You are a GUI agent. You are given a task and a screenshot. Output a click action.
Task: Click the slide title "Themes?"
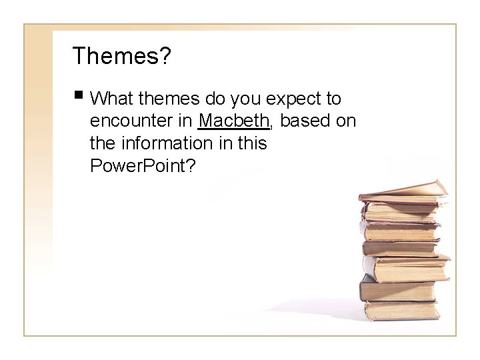[x=122, y=56]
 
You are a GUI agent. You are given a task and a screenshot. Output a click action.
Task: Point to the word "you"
[x=247, y=99]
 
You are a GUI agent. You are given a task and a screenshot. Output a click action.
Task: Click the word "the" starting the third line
[x=101, y=143]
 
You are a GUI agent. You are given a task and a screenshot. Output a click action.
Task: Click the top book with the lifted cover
[x=403, y=191]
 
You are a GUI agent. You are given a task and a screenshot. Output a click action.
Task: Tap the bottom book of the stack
[x=400, y=310]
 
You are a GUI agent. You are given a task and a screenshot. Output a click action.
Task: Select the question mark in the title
[x=164, y=56]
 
